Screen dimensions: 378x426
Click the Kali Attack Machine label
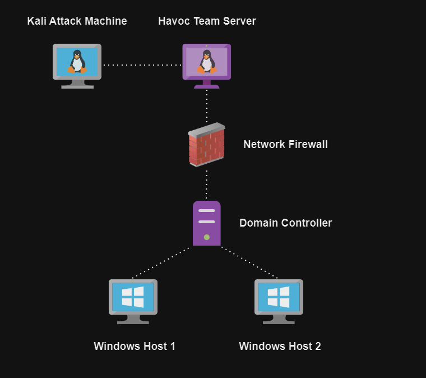(77, 21)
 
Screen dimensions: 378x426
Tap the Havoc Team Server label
(207, 21)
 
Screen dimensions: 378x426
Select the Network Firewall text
(285, 145)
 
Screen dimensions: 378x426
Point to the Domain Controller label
(285, 223)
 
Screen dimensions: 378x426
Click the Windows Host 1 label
(135, 346)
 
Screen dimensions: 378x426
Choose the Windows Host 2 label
(280, 346)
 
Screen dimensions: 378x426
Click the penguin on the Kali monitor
(77, 61)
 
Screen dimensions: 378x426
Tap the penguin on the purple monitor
(207, 62)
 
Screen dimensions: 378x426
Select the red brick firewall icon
(206, 145)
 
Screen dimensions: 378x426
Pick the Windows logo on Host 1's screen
(133, 297)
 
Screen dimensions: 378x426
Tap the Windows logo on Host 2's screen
(279, 297)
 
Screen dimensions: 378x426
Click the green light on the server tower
(206, 237)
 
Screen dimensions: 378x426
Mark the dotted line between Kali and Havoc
(142, 65)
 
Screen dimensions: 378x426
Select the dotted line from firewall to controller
(207, 183)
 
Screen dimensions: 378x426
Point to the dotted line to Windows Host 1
(161, 262)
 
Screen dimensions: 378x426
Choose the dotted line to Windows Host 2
(250, 262)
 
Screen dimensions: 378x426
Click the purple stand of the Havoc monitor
(207, 84)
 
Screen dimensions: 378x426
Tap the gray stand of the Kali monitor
(77, 84)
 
